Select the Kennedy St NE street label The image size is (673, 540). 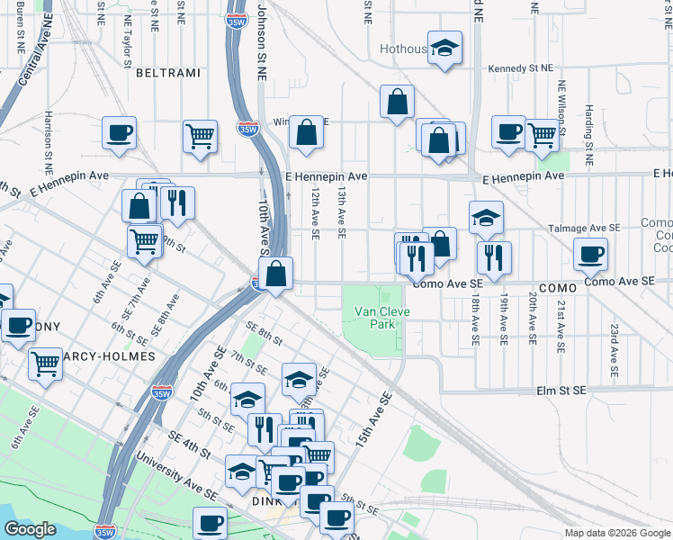519,68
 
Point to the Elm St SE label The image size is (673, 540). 561,391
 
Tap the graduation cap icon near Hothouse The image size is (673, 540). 444,48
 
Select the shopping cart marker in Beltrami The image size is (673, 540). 200,136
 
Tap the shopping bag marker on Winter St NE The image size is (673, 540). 307,132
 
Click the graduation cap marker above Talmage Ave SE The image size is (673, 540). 486,217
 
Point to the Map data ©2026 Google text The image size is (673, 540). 616,533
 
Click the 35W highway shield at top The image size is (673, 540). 236,22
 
